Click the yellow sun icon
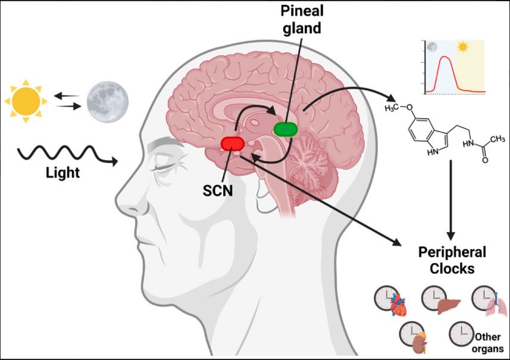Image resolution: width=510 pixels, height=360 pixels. tap(24, 101)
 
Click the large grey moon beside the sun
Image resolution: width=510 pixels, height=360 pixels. tap(106, 102)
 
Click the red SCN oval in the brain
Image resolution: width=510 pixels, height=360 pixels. tap(232, 143)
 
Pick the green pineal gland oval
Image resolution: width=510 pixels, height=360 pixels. tap(286, 129)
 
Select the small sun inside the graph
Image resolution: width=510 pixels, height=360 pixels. tap(462, 46)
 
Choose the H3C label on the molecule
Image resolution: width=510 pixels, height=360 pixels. tap(393, 107)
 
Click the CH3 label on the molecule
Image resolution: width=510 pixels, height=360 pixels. tap(495, 140)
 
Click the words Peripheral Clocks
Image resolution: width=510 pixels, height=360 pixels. tap(452, 260)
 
